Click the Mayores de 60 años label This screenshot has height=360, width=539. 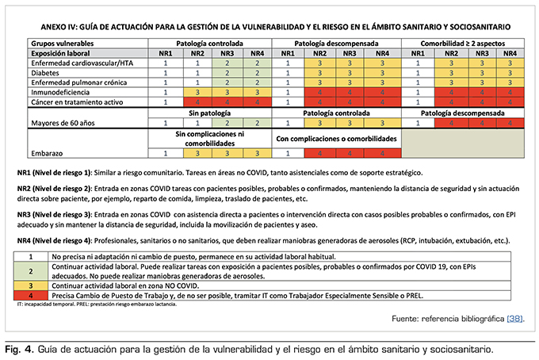point(64,124)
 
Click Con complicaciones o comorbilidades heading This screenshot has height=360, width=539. point(336,138)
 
